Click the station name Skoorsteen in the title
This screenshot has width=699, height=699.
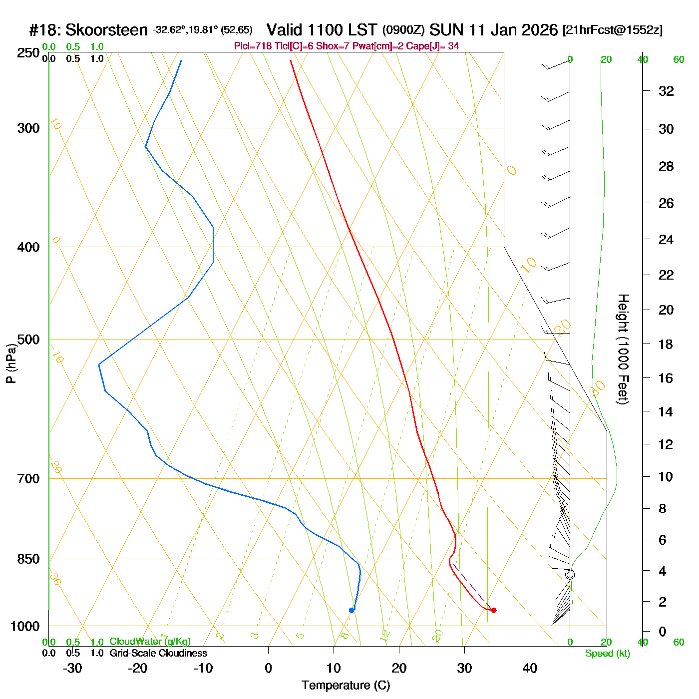coord(106,30)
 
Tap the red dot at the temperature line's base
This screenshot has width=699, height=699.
coord(494,610)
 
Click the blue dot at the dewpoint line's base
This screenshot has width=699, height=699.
coord(351,610)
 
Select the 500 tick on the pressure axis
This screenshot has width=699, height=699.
coord(28,340)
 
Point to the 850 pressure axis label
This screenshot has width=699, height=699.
coord(28,559)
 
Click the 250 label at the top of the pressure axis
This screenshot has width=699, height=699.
coord(28,53)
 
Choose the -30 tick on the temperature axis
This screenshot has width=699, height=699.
coord(72,668)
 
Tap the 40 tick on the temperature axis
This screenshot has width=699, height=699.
coord(530,668)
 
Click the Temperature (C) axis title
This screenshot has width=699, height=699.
coord(346,686)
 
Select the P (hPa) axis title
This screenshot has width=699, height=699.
coord(11,363)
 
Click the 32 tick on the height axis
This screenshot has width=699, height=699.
coord(666,91)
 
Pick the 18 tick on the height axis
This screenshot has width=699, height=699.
coord(666,344)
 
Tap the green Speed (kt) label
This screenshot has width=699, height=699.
coord(608,654)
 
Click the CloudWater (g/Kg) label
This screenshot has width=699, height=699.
coord(150,642)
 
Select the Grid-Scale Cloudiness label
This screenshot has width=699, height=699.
coord(158,653)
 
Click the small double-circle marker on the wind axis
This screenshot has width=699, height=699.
coord(570,575)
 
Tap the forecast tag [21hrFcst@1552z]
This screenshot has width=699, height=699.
coord(613,30)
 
